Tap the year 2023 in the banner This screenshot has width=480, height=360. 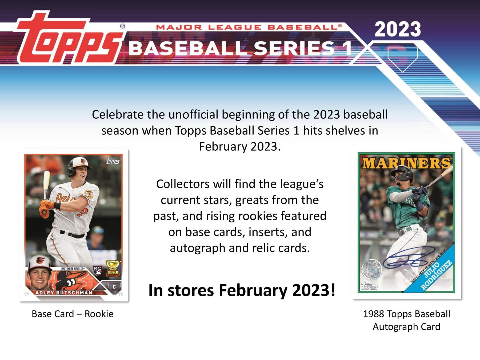tap(398, 29)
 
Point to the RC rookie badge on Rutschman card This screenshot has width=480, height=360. tap(97, 270)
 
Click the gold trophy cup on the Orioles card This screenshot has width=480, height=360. tap(113, 268)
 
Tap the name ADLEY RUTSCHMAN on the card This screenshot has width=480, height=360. tap(64, 293)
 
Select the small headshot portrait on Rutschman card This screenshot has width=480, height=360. tap(40, 273)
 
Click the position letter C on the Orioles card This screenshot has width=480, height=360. tap(114, 287)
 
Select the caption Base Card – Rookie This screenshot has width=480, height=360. tap(73, 314)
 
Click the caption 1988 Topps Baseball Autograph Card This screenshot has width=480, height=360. tap(406, 320)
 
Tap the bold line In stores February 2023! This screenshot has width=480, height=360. tap(242, 290)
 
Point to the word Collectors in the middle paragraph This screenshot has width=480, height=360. tap(183, 184)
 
